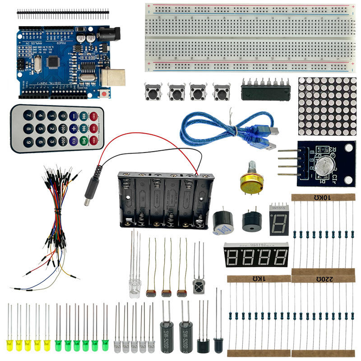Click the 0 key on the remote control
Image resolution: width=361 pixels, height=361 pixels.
(63, 116)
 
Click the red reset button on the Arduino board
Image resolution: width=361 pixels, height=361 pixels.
(105, 93)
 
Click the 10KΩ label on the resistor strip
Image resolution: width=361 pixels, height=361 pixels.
(323, 197)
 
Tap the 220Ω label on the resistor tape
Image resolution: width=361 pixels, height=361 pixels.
(323, 279)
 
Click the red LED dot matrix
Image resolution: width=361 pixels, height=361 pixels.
(324, 106)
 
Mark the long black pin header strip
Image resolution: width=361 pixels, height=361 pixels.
(63, 13)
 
